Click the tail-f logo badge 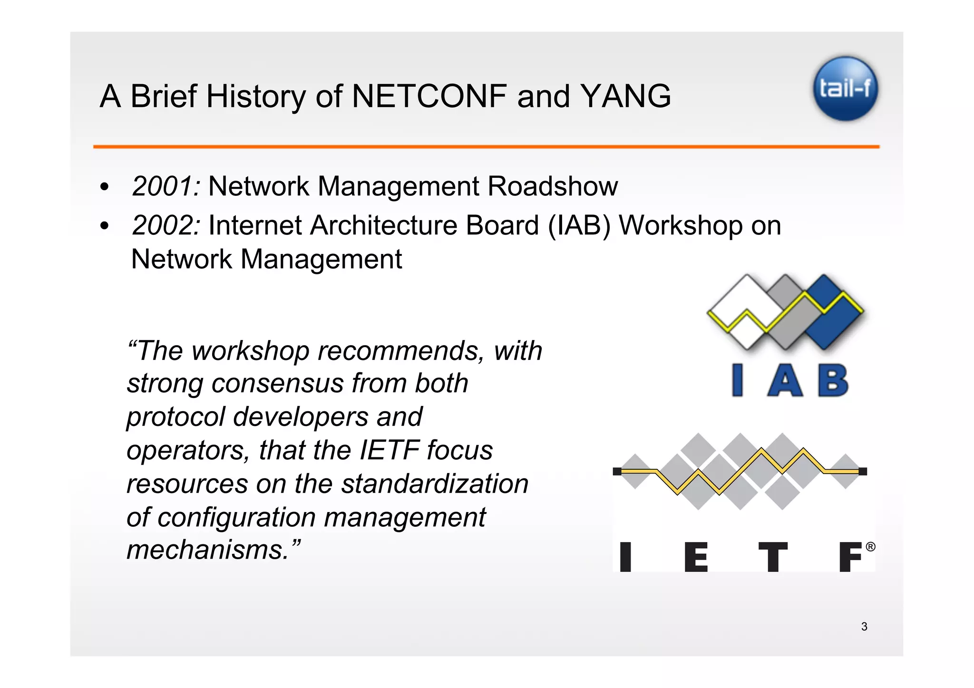click(x=845, y=88)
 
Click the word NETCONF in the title click(x=429, y=97)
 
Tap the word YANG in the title click(x=625, y=97)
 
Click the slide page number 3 click(x=864, y=627)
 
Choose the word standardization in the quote click(x=435, y=484)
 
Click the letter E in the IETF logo click(x=696, y=557)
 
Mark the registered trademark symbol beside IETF click(x=870, y=547)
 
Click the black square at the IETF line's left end click(x=617, y=471)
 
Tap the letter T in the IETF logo click(x=772, y=557)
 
